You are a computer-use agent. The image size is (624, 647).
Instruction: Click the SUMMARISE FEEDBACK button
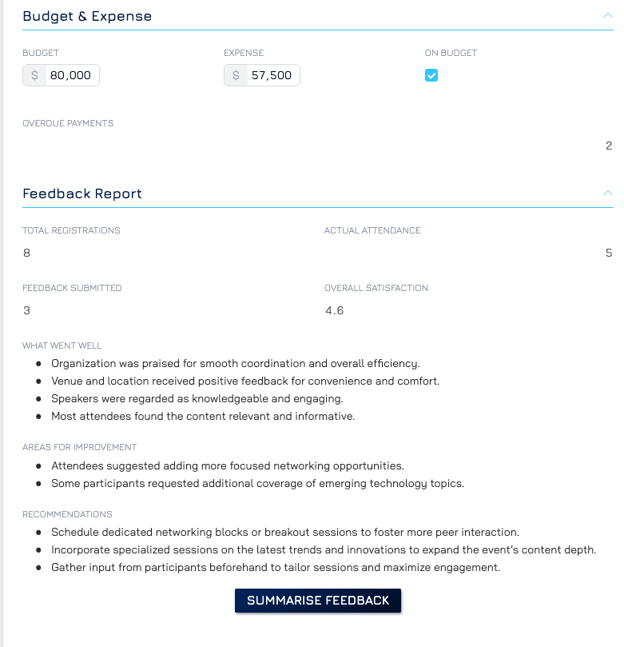point(318,601)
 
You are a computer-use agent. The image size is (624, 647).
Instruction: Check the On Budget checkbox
point(431,76)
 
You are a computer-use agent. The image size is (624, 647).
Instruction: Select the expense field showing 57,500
point(272,76)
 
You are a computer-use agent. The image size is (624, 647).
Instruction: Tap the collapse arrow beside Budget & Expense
point(607,15)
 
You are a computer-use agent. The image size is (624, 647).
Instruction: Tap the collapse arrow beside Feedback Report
point(607,193)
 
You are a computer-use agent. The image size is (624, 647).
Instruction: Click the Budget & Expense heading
point(87,16)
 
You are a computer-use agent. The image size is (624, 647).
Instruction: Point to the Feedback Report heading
point(82,194)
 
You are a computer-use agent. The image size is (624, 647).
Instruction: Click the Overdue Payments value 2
point(609,146)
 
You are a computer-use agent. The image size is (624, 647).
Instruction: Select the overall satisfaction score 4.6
point(334,310)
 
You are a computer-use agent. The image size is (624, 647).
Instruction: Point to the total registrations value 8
point(27,253)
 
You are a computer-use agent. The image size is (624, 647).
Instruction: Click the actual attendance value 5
point(609,253)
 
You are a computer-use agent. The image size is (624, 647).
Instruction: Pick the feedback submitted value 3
point(27,310)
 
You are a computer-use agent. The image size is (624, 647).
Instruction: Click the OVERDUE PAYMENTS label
point(68,123)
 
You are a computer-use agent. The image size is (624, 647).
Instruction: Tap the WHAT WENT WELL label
point(62,345)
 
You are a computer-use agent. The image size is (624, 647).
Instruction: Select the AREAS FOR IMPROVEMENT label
point(80,447)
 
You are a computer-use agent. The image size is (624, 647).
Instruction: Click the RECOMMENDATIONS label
point(67,514)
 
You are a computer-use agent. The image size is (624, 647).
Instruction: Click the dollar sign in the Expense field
point(236,76)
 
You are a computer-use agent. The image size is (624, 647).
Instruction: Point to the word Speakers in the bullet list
point(74,398)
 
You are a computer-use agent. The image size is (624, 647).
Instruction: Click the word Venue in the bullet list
point(66,381)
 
